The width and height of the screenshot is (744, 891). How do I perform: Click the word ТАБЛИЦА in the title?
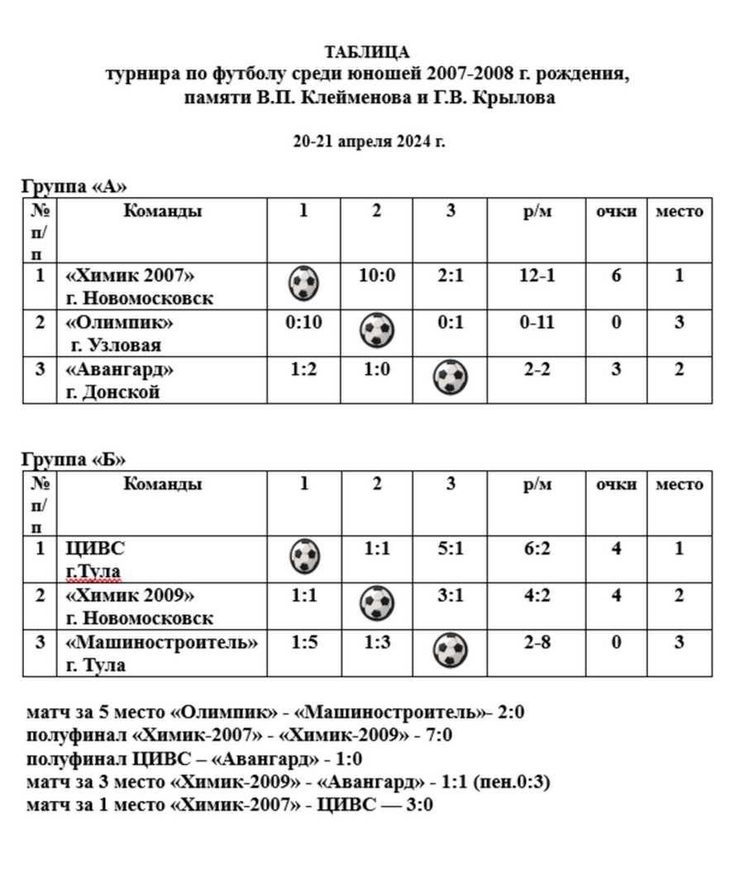pyautogui.click(x=367, y=53)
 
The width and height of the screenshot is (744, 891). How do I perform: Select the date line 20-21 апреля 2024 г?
pyautogui.click(x=369, y=141)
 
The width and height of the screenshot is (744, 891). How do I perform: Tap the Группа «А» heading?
pyautogui.click(x=74, y=185)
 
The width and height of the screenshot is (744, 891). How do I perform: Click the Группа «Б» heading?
pyautogui.click(x=74, y=459)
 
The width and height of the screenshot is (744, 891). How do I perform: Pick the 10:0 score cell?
pyautogui.click(x=376, y=275)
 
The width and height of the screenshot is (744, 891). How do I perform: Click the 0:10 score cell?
pyautogui.click(x=303, y=321)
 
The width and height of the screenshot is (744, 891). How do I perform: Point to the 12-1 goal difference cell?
pyautogui.click(x=537, y=275)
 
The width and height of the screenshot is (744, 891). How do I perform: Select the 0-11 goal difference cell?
pyautogui.click(x=537, y=321)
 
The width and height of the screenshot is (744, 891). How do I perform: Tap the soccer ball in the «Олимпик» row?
pyautogui.click(x=377, y=331)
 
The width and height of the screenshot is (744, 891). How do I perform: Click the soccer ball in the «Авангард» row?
pyautogui.click(x=451, y=377)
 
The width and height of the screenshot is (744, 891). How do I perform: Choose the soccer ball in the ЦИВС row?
pyautogui.click(x=304, y=556)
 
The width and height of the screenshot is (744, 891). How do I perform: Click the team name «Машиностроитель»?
pyautogui.click(x=162, y=642)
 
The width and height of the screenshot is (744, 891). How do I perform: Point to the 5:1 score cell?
pyautogui.click(x=451, y=548)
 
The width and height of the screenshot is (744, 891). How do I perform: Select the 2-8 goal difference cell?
pyautogui.click(x=537, y=642)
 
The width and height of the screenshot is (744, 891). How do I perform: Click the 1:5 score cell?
pyautogui.click(x=303, y=642)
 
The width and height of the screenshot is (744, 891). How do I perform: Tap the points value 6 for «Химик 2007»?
pyautogui.click(x=617, y=275)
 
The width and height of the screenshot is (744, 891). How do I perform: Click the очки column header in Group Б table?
pyautogui.click(x=617, y=484)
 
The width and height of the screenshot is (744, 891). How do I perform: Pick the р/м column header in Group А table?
pyautogui.click(x=537, y=211)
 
